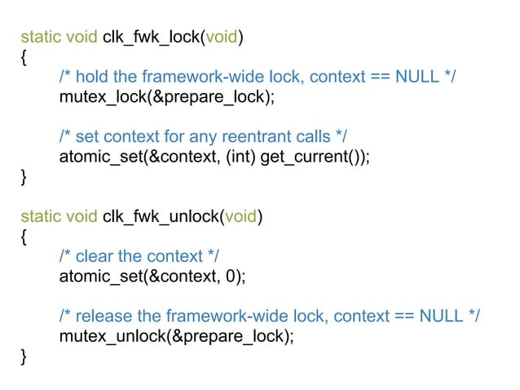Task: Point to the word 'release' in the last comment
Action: point(104,316)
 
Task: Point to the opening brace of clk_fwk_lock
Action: point(23,57)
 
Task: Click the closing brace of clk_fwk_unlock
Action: point(23,356)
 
